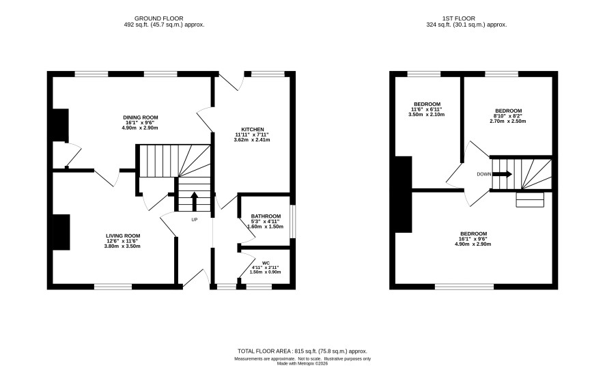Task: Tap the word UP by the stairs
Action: (x=195, y=220)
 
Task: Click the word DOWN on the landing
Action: (x=484, y=174)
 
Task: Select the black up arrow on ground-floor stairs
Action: (x=195, y=201)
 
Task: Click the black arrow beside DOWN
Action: (x=502, y=174)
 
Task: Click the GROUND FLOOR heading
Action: (x=158, y=18)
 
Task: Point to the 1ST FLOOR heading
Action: (x=458, y=18)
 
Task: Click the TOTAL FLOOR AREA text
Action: (x=302, y=351)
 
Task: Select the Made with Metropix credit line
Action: (x=302, y=363)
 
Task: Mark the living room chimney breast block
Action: (x=61, y=232)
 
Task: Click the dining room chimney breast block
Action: (x=60, y=125)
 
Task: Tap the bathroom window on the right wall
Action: (x=292, y=222)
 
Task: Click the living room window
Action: (x=113, y=287)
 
